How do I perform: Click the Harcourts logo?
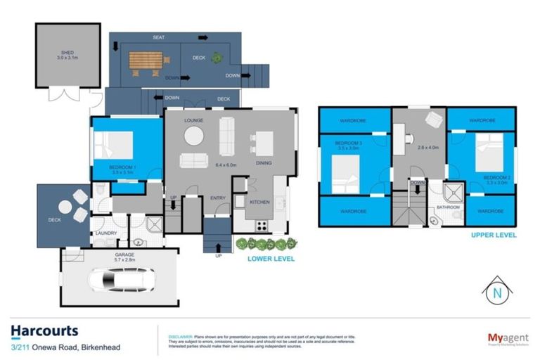[44, 330]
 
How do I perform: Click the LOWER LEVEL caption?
[271, 259]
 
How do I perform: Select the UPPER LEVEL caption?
[494, 235]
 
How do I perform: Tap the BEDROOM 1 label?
[124, 167]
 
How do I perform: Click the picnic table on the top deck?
[146, 62]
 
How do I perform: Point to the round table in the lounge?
[194, 138]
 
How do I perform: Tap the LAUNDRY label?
[105, 233]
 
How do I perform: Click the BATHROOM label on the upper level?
[449, 207]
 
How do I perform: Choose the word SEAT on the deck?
[160, 37]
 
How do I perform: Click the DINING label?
[264, 163]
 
